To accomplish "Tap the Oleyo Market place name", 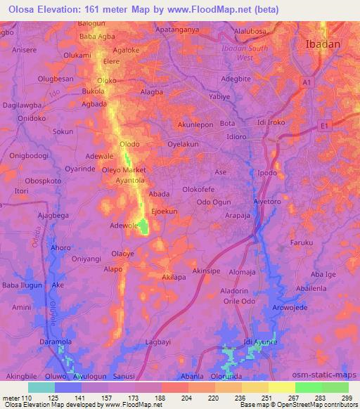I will point(124,170).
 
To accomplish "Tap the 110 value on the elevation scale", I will point(28,397).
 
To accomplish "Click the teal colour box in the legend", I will point(41,387).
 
